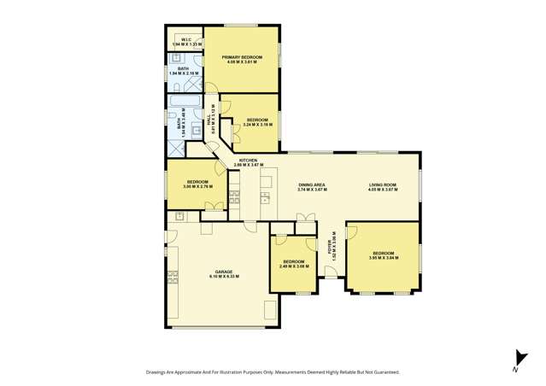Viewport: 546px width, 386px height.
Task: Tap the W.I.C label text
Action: click(x=185, y=38)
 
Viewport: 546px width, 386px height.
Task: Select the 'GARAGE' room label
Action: click(x=224, y=272)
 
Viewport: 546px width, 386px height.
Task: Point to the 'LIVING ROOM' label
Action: click(x=382, y=184)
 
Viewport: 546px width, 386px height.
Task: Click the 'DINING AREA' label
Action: click(x=311, y=184)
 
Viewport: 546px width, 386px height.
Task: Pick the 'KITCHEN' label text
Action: click(x=248, y=160)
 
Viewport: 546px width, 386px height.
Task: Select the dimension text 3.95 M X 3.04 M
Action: click(x=382, y=259)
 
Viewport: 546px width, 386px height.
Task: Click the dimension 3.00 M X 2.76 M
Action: click(x=197, y=187)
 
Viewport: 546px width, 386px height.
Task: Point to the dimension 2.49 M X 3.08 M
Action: click(x=293, y=266)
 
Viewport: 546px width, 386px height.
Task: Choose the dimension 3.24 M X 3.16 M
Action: click(x=257, y=125)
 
